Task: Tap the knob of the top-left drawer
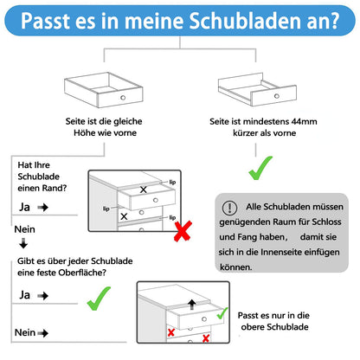[123, 98]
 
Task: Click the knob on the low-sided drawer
[277, 96]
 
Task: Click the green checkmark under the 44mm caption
[260, 168]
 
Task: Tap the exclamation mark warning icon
[229, 208]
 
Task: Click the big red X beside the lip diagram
[183, 231]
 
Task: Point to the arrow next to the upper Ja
[42, 207]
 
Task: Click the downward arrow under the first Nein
[23, 243]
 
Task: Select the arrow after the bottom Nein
[43, 333]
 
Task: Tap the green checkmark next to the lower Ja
[99, 299]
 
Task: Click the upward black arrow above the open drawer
[192, 305]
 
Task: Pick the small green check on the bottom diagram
[222, 313]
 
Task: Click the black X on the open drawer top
[144, 190]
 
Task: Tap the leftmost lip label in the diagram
[106, 209]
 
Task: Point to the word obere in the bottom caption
[253, 327]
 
